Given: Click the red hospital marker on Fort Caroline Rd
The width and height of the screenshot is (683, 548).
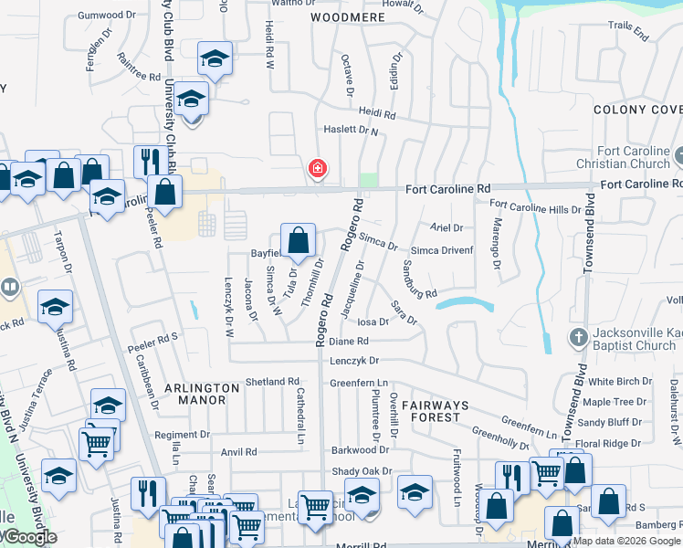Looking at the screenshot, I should point(318,169).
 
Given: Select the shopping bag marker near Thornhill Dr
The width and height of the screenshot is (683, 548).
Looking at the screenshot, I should point(298,242).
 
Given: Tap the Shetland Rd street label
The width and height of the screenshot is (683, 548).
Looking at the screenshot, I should point(272,382).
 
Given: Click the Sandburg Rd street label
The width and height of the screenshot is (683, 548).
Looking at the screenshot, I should point(420,281).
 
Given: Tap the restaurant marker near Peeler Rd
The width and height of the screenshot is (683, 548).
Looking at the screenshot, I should point(147,163).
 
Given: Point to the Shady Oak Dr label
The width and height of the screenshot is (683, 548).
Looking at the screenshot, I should point(362,471).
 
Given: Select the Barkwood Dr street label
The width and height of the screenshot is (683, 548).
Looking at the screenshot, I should point(360,449).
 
